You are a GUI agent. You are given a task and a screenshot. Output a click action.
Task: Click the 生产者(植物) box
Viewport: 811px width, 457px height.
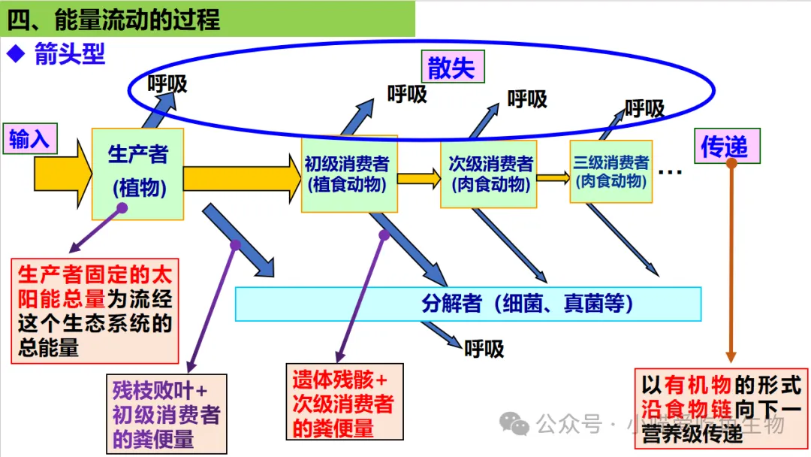[137, 173]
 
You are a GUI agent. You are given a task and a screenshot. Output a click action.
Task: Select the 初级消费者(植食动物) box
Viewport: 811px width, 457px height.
[348, 174]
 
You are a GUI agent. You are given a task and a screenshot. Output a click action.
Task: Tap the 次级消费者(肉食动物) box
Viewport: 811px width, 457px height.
[488, 174]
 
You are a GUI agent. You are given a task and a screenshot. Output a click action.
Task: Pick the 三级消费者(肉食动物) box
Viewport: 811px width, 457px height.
[611, 172]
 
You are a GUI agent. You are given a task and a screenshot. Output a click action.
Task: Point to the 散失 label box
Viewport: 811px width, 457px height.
[452, 68]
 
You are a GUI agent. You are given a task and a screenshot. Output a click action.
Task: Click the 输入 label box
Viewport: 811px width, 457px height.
[29, 138]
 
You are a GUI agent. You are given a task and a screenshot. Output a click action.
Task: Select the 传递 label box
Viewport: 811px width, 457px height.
[725, 146]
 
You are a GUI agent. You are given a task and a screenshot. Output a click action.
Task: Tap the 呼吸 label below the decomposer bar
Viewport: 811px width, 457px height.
[484, 348]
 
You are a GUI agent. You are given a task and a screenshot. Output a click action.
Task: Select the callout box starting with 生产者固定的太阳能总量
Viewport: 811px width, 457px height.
[95, 310]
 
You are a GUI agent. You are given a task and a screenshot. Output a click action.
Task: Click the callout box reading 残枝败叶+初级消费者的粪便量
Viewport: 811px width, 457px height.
[166, 414]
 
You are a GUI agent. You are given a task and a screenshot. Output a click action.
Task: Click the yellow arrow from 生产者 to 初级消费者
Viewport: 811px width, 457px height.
[241, 179]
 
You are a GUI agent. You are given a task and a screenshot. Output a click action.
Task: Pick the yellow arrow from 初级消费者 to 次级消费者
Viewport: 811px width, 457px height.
[418, 178]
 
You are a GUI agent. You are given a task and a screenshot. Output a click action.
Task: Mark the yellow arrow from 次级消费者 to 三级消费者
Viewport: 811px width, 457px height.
[553, 178]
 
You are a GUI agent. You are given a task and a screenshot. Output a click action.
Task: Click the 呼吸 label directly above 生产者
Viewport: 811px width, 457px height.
[167, 84]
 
